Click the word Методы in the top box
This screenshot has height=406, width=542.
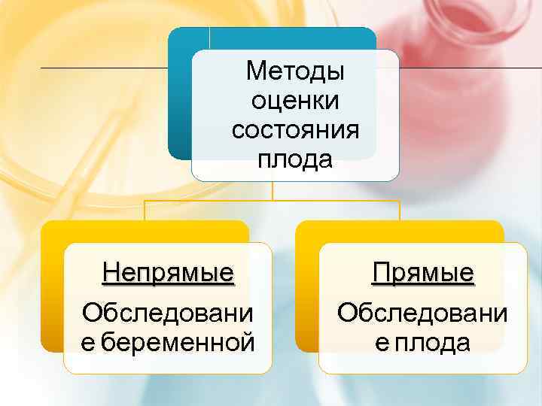[294, 72]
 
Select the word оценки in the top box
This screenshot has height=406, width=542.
[295, 101]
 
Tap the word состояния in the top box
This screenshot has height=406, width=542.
[295, 130]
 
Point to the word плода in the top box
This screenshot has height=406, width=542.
[294, 159]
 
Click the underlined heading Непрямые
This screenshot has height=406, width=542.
[168, 271]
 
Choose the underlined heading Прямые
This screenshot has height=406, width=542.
[423, 272]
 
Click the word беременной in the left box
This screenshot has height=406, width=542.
[178, 343]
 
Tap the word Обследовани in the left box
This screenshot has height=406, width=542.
[168, 312]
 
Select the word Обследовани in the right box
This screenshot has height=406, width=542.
[423, 312]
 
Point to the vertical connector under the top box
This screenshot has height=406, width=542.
[273, 191]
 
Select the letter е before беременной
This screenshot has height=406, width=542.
[88, 343]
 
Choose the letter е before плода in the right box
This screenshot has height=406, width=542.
[381, 343]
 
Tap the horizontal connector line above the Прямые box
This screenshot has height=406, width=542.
[339, 201]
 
